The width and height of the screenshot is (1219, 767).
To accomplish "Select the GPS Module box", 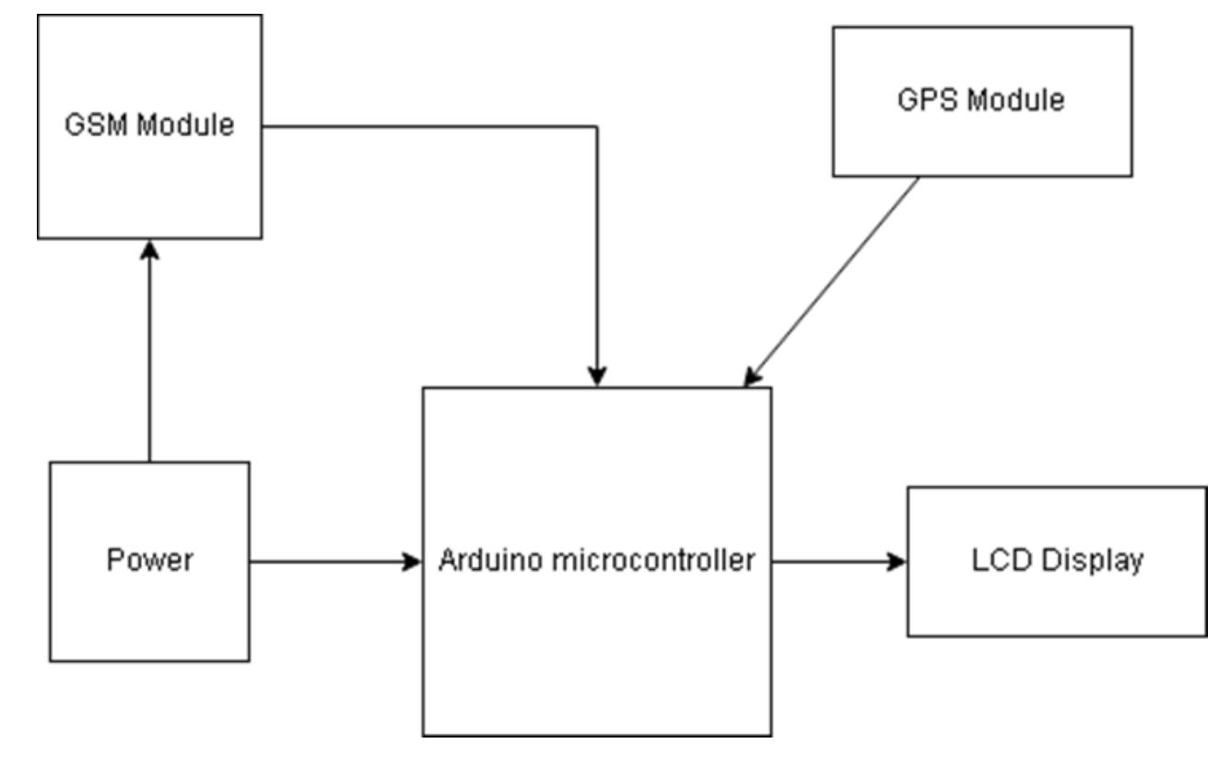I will [982, 138].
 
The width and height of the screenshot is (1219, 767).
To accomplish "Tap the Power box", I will [149, 608].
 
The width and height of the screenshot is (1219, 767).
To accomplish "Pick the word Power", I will [149, 560].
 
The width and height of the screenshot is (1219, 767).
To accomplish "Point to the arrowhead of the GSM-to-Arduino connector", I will [598, 377].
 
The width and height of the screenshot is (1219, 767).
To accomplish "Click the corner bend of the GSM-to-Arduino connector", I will [598, 126].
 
